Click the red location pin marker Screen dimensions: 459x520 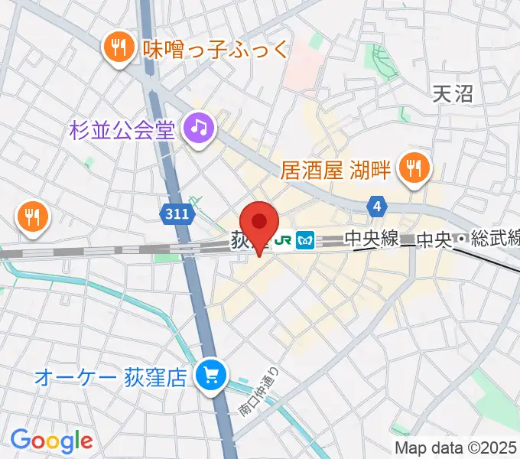coord(259,223)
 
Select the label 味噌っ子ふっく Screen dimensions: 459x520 coord(216,50)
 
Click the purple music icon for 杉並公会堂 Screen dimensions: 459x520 coord(199,127)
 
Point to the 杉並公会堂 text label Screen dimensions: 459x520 coord(122,129)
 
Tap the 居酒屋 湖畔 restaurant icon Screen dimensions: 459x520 coord(414,168)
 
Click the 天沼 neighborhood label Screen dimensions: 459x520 coord(453,94)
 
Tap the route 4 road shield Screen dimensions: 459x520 coord(376,205)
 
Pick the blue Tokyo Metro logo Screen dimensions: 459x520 coord(306,239)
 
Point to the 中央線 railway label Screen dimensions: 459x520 coord(371,239)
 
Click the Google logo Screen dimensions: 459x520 coord(51,440)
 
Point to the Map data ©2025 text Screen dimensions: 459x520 coord(456,448)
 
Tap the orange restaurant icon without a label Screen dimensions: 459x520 coord(31,216)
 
